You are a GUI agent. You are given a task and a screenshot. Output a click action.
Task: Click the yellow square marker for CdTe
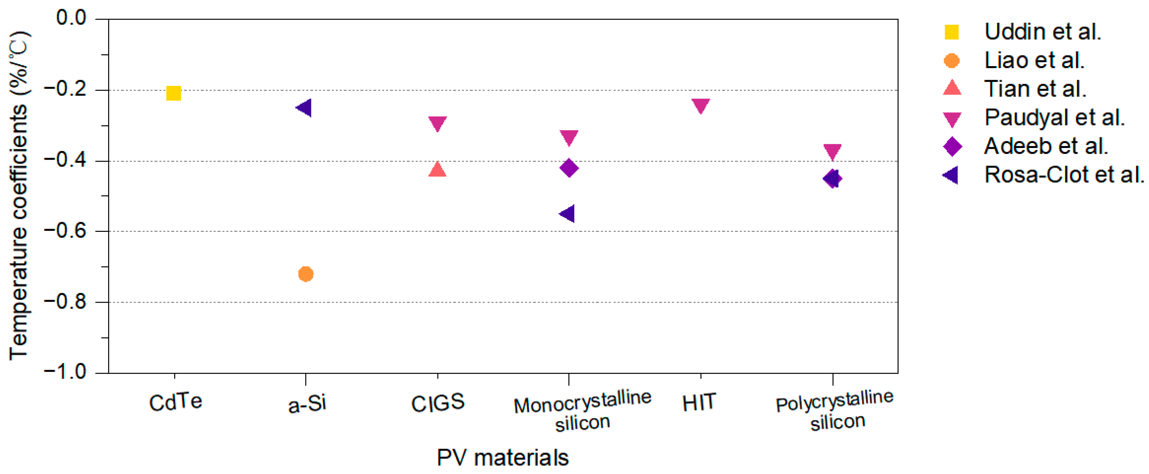174,93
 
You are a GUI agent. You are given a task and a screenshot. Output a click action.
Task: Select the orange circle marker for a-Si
306,274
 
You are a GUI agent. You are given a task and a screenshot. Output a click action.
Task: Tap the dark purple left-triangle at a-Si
304,108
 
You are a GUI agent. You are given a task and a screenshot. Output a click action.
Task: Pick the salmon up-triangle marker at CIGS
437,170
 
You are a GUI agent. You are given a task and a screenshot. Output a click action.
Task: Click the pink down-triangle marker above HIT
700,105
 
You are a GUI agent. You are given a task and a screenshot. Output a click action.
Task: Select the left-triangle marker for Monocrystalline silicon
567,213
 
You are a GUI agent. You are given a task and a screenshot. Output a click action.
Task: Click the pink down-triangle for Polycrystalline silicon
832,151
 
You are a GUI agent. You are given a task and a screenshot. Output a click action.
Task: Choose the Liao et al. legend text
1034,60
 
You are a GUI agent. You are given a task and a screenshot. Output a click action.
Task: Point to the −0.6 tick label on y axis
65,231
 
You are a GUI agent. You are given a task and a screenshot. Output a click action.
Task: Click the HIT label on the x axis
698,403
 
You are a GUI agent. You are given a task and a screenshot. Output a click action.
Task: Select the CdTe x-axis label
175,403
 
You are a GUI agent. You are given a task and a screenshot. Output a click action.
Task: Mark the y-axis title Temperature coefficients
19,196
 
